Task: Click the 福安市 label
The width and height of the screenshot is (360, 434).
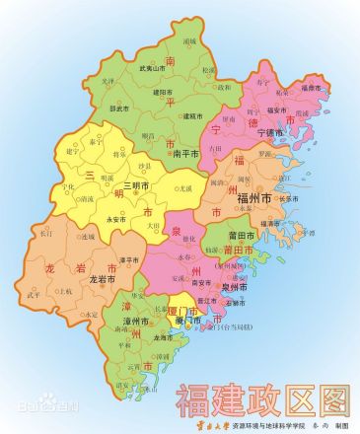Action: pos(275,110)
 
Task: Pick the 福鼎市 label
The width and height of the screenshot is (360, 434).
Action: pos(311,88)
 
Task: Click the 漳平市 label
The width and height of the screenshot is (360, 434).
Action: pos(127,259)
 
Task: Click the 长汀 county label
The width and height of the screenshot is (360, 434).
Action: pos(45,234)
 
